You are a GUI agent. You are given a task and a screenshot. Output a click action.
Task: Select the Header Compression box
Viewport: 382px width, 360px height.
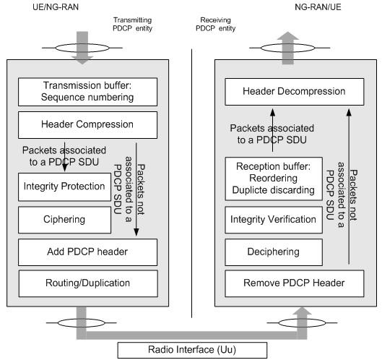point(87,124)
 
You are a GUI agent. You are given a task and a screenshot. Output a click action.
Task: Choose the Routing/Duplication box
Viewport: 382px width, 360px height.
point(87,283)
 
